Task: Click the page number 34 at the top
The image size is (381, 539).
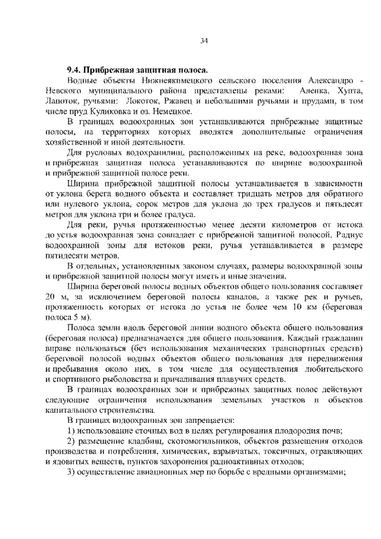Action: click(204, 40)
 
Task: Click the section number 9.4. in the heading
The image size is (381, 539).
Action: click(74, 70)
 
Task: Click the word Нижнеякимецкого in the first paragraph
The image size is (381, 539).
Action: click(157, 80)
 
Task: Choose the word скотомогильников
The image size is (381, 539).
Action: click(179, 441)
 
